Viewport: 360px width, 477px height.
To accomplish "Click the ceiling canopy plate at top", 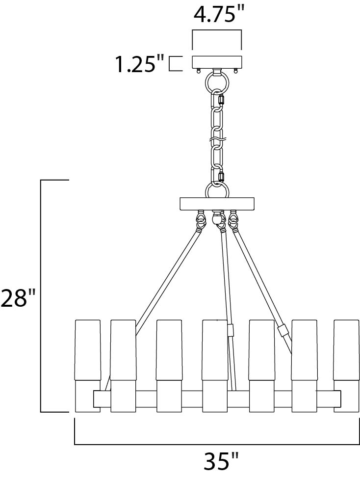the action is coord(217,62).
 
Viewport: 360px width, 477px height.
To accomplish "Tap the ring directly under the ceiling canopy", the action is coord(217,82).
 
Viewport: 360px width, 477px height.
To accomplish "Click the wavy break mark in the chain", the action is coord(217,140).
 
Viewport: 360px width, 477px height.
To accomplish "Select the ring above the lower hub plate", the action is coord(217,190).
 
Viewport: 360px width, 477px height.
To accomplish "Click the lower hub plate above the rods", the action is coord(217,204).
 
